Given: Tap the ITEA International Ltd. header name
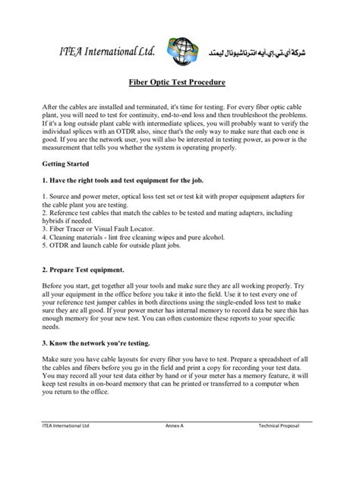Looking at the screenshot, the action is tap(108, 51).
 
